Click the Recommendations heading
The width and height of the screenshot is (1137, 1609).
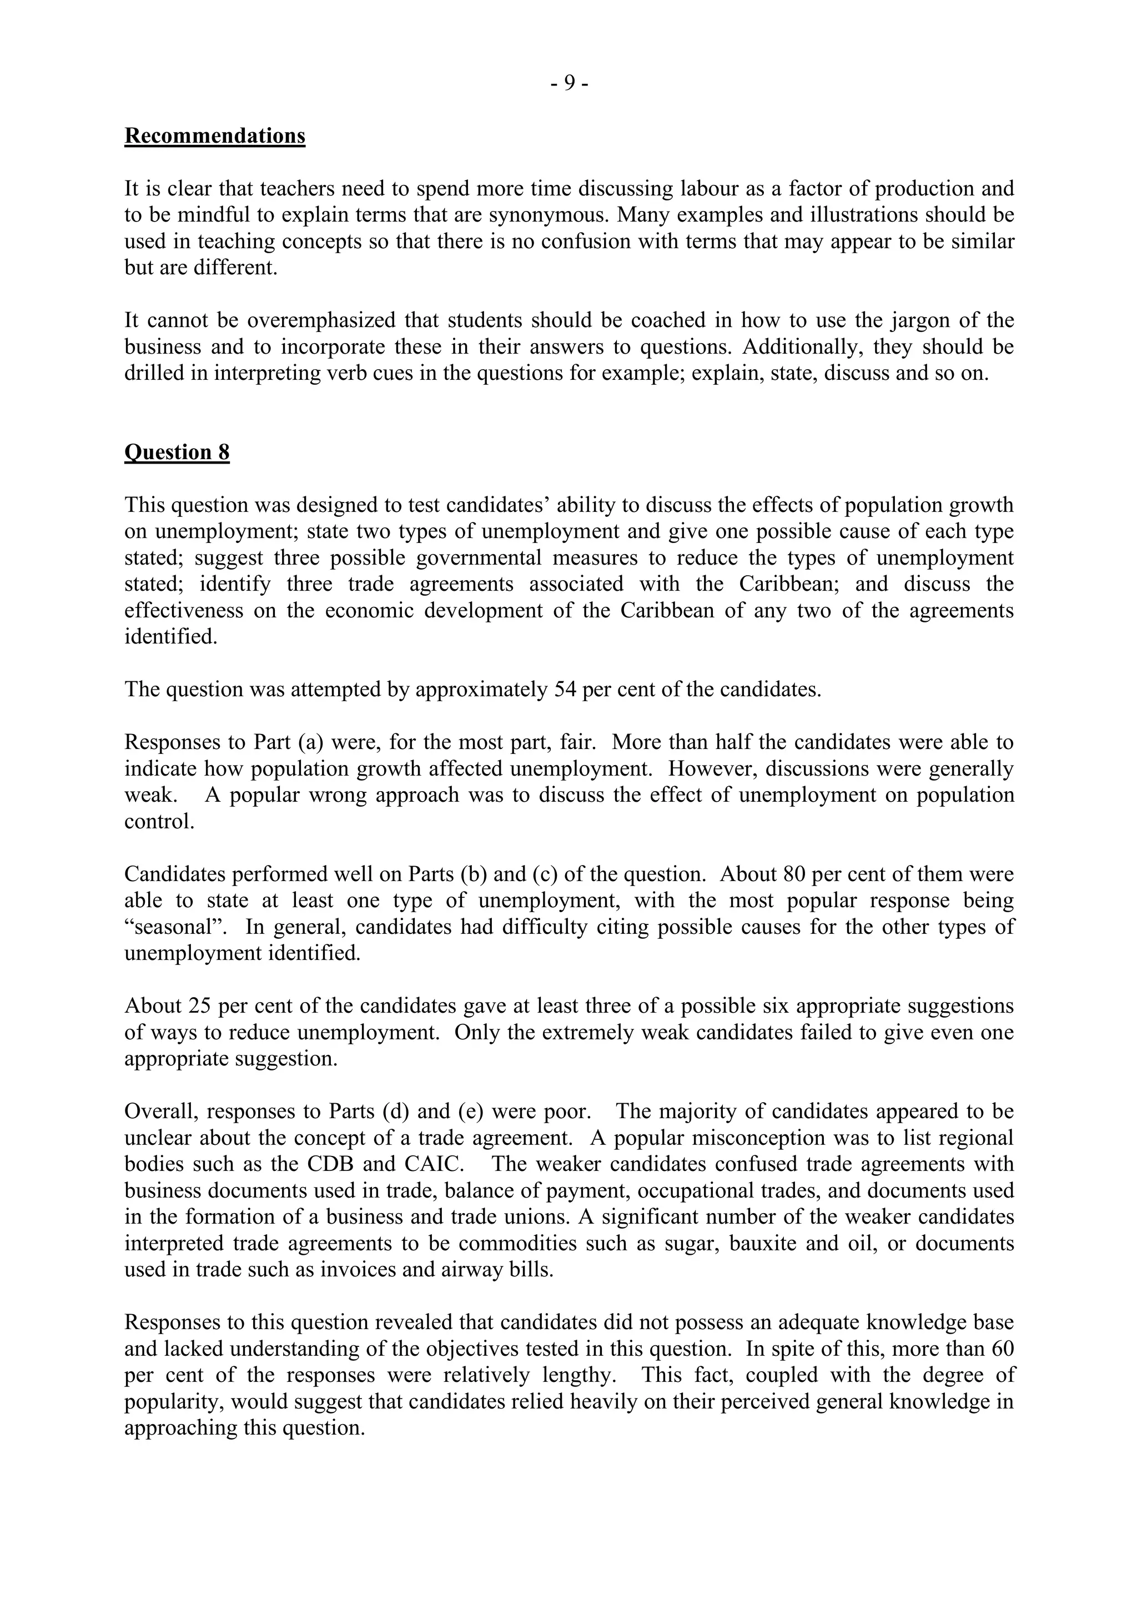(214, 135)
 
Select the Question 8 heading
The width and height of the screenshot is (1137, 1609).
(177, 452)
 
